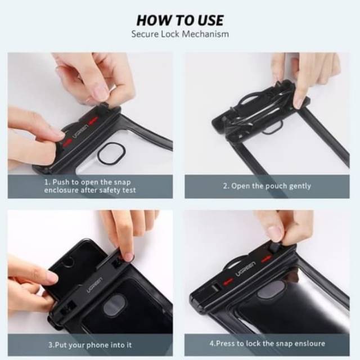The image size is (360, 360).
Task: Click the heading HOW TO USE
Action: [180, 20]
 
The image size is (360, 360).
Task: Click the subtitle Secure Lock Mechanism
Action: [180, 34]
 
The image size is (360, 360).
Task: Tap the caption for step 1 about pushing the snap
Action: [90, 186]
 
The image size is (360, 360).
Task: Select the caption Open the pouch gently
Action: [267, 186]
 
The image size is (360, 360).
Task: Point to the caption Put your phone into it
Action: [90, 345]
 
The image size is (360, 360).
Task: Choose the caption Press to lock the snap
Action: [267, 344]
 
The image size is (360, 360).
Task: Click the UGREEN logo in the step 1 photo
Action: [80, 132]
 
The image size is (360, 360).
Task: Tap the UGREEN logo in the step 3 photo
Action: [94, 285]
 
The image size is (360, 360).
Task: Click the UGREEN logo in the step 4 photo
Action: [245, 269]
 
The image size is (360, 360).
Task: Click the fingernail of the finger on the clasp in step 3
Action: [129, 256]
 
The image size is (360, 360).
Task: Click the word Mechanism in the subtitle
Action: [205, 34]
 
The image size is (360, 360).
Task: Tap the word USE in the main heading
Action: [210, 20]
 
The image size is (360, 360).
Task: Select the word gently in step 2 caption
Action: [300, 186]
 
